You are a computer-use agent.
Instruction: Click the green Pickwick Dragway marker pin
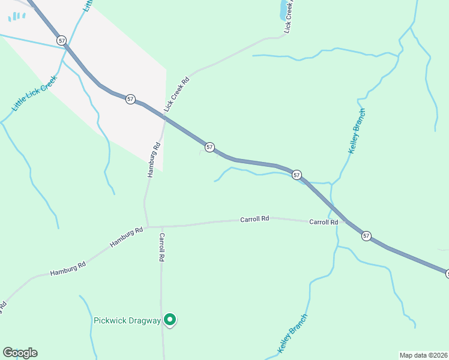coord(170,320)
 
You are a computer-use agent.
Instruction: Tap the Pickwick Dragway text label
coord(127,320)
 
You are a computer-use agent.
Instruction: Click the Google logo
coord(20,353)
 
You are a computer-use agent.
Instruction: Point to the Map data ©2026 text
coord(423,355)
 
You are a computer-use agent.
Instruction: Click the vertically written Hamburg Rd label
coord(154,160)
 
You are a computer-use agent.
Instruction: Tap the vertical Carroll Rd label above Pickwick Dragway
coord(161,247)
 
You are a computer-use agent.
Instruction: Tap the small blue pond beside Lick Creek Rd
coord(283,9)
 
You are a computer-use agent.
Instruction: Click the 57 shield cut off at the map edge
coord(447,274)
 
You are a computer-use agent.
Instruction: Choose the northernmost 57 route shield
coord(61,40)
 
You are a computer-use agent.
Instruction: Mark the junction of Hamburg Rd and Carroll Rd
coord(148,227)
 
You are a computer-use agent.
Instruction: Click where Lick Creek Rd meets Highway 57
coord(166,118)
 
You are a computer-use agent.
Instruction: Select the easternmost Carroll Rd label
coord(324,222)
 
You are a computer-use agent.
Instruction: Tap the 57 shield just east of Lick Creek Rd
coord(209,147)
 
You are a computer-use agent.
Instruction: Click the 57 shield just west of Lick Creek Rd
coord(130,99)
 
